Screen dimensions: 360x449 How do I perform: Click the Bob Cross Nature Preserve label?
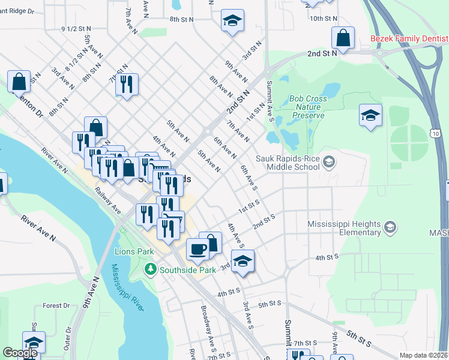click(308, 107)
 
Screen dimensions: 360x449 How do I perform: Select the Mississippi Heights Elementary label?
click(344, 228)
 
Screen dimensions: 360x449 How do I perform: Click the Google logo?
click(20, 353)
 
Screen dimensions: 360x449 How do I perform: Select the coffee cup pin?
click(197, 248)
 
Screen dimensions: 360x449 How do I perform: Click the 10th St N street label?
click(324, 19)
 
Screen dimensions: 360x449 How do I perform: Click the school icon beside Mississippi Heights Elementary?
click(390, 227)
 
